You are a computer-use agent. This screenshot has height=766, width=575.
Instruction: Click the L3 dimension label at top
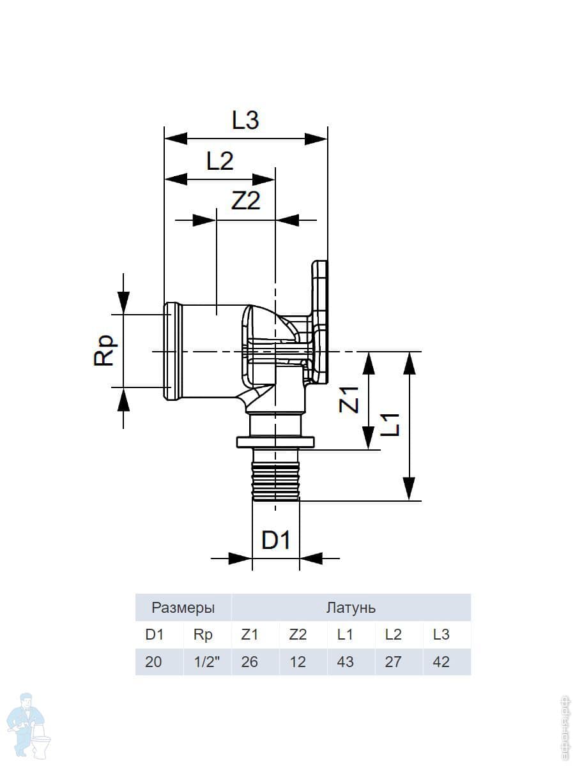coord(245,121)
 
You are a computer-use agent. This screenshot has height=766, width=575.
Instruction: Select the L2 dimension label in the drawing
coord(220,161)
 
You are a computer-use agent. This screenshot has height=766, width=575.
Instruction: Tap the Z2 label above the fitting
coord(246,201)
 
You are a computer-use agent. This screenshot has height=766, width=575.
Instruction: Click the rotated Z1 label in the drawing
coord(349,400)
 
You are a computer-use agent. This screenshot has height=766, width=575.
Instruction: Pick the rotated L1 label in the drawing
coord(390,424)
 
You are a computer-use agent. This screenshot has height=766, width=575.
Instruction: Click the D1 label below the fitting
coord(275,541)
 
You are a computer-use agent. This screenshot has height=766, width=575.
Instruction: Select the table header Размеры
coord(183,608)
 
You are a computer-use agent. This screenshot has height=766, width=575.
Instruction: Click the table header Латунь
coord(351,608)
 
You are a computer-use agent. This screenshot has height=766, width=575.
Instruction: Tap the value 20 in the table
coord(153,662)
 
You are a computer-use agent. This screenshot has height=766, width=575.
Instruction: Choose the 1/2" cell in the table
coord(206,662)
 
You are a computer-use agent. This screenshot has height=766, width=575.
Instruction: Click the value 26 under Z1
coord(249,662)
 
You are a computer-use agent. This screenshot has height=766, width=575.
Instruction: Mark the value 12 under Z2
coord(298,662)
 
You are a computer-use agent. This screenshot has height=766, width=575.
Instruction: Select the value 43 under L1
coord(345,662)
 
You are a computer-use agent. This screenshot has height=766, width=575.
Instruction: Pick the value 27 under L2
coord(393,662)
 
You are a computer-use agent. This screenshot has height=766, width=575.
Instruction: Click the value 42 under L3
coord(441,662)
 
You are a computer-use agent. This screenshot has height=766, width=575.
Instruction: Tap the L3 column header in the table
coord(441,635)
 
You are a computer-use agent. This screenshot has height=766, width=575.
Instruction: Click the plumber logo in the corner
coord(28,725)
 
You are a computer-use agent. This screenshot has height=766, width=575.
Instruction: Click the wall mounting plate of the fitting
coord(319,322)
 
